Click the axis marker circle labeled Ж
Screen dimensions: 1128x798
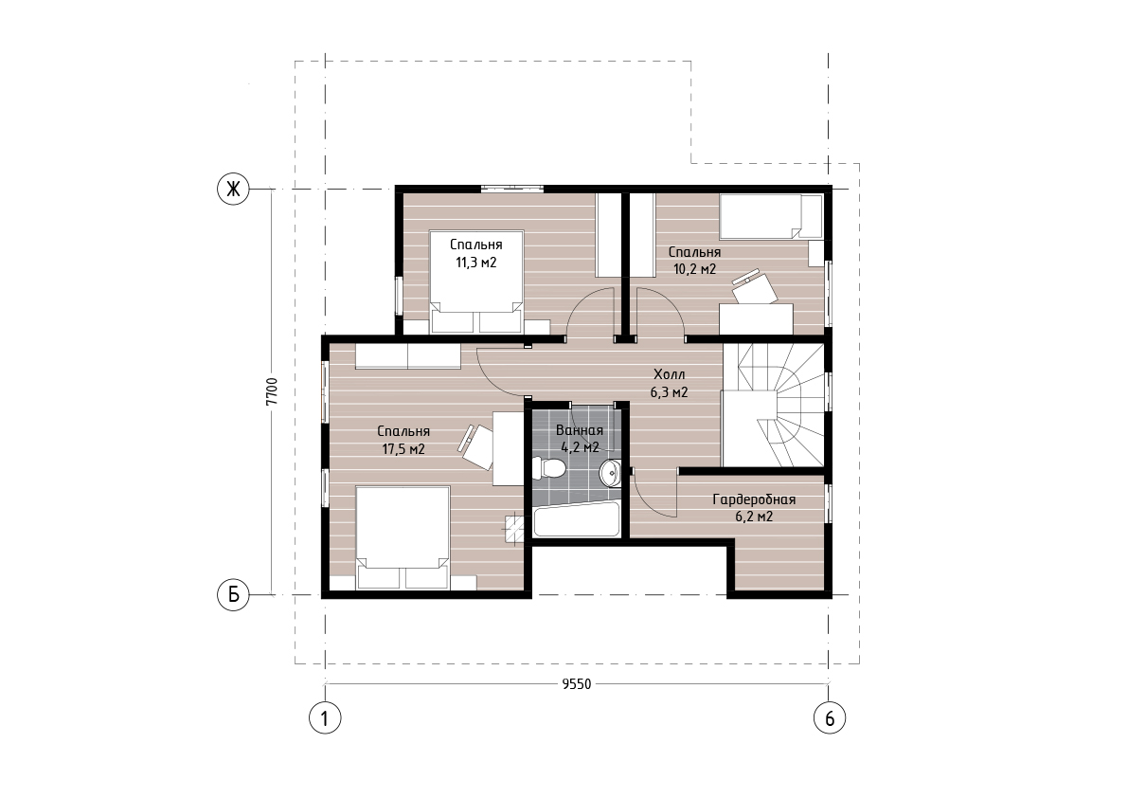point(233,190)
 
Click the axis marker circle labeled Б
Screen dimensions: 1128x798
point(233,595)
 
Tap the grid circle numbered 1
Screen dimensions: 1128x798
point(325,717)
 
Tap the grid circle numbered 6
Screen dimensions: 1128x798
point(830,717)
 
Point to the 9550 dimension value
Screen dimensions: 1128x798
point(576,684)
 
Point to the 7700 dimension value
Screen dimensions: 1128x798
point(271,392)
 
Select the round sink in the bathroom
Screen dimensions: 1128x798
point(611,473)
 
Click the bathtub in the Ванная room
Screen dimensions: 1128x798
point(576,518)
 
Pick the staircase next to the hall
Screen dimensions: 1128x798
point(774,405)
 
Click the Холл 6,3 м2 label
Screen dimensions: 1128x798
point(669,384)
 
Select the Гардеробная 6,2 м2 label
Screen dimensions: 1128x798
point(754,507)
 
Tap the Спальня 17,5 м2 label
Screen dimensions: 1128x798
point(403,440)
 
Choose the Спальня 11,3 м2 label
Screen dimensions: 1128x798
point(476,253)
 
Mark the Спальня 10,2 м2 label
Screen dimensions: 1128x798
point(694,261)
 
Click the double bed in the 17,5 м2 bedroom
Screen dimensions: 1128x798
point(403,538)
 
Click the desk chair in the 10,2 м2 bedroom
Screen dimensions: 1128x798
point(755,286)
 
